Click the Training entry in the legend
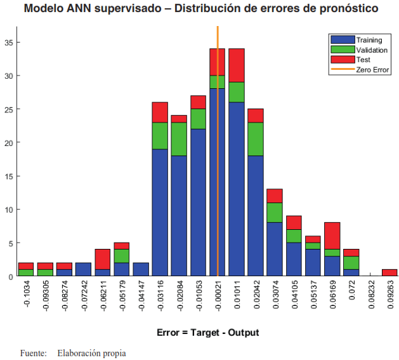tap(369, 40)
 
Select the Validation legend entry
tap(371, 50)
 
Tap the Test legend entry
tap(363, 59)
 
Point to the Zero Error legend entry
tap(372, 69)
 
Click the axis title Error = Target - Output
tap(207, 332)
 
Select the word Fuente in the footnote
tap(33, 352)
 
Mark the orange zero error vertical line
tap(218, 159)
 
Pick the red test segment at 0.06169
tap(332, 236)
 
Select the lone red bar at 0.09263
tap(389, 273)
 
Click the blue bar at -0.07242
tap(83, 270)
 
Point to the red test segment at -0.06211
tap(103, 259)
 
